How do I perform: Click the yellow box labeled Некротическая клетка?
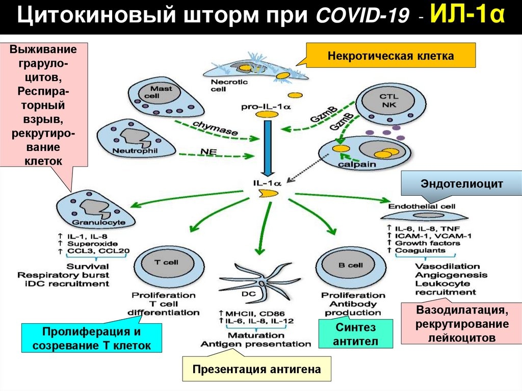(x=390, y=56)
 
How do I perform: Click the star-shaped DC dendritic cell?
(x=260, y=283)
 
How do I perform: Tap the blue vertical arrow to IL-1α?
(x=266, y=148)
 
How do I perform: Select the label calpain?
(x=359, y=164)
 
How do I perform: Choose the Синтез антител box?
(x=356, y=334)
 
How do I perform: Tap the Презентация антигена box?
(x=256, y=370)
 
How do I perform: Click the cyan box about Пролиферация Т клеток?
(x=91, y=338)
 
